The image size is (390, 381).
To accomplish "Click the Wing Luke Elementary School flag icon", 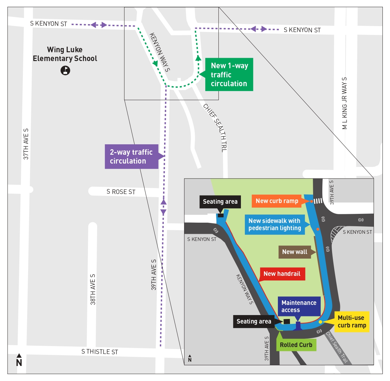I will tap(65, 70).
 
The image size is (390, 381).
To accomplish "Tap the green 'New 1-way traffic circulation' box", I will tap(229, 75).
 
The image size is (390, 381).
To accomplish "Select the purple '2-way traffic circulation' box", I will tap(131, 157).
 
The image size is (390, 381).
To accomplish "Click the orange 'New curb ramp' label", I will tap(277, 201).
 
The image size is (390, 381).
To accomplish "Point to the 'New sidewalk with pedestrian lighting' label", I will tap(275, 225).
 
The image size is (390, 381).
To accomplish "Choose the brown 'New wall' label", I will tap(295, 252).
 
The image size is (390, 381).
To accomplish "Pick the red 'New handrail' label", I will tap(282, 274).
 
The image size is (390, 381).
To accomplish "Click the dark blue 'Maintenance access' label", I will tap(299, 307).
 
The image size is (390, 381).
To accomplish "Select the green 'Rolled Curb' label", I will tap(296, 345).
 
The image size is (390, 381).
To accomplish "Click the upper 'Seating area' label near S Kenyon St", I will tap(220, 202).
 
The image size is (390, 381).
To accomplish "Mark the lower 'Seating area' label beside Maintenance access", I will tap(254, 322).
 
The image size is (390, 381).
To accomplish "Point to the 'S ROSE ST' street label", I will tap(121, 192).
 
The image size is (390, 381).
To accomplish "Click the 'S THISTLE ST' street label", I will tap(100, 352).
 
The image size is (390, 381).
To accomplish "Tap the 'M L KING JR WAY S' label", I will tap(345, 103).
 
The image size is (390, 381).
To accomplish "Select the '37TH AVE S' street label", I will tap(26, 144).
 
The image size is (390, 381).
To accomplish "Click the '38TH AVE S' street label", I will tap(93, 290).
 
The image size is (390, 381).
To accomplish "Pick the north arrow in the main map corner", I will tap(19, 360).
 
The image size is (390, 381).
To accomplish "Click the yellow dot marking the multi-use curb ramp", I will tap(320, 322).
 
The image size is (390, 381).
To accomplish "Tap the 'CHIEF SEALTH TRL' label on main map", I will tap(215, 128).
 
